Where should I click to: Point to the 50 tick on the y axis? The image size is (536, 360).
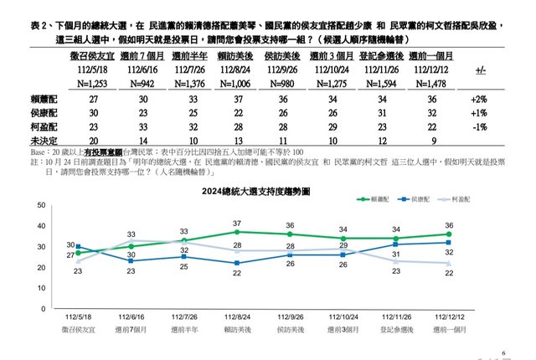(41, 206)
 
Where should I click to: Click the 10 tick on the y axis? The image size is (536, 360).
(41, 289)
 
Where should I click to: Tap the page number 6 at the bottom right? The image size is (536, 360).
(504, 353)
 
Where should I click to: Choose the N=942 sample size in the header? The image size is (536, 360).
(141, 84)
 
